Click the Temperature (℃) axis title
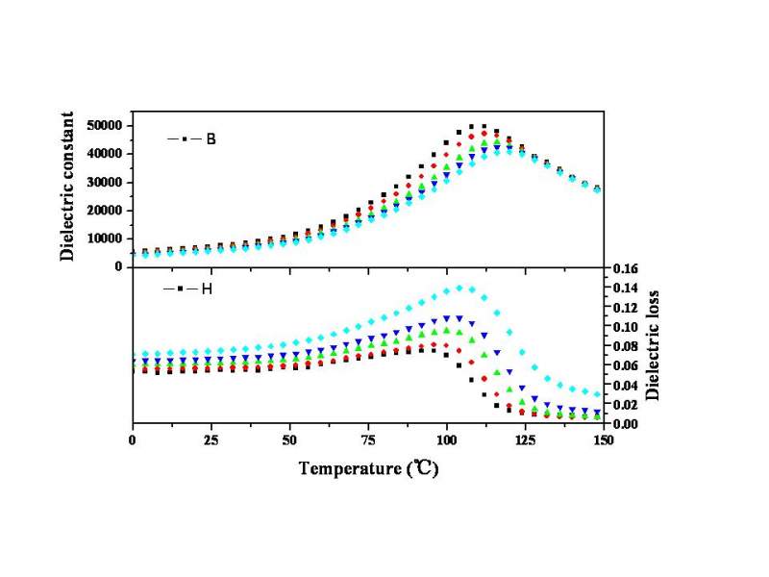378,469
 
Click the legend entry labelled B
192,139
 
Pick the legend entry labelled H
192,288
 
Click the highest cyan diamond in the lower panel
459,288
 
